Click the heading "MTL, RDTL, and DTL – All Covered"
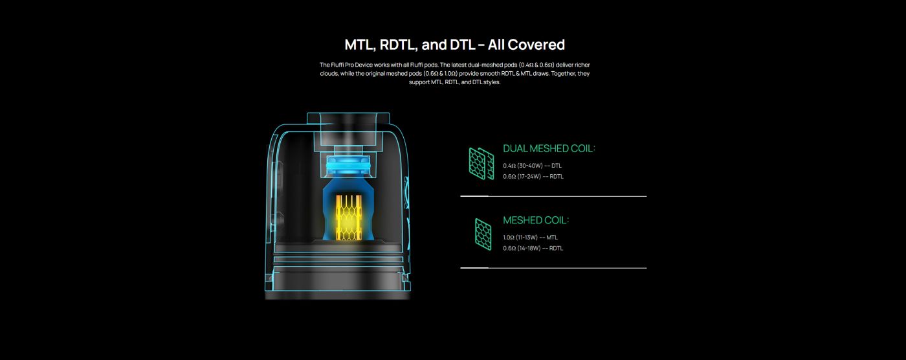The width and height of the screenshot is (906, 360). (x=454, y=45)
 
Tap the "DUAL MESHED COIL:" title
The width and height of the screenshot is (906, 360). (x=549, y=149)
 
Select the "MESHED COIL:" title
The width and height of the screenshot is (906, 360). (x=536, y=220)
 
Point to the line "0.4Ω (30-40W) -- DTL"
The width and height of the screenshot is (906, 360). (x=532, y=166)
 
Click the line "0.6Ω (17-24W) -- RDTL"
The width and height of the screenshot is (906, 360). (x=533, y=176)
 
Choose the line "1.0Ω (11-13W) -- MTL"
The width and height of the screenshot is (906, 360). (x=530, y=238)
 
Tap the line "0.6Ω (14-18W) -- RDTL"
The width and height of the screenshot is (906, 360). (x=533, y=248)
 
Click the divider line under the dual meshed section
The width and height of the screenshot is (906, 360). (x=553, y=196)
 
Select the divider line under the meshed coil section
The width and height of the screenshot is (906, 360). (x=553, y=267)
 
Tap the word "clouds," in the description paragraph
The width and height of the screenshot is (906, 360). (x=329, y=74)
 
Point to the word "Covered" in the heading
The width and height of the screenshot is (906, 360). (x=536, y=45)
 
